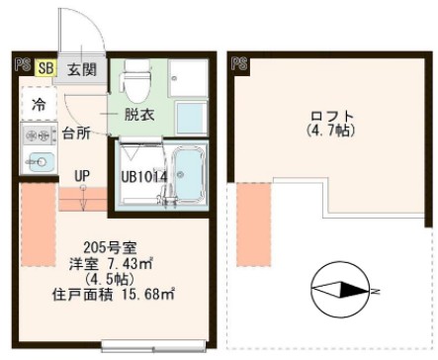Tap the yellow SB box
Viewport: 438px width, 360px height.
[x=45, y=68]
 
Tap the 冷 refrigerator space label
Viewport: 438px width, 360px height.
[x=38, y=104]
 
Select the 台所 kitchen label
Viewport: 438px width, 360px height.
[x=78, y=132]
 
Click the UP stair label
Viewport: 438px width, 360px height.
[x=83, y=175]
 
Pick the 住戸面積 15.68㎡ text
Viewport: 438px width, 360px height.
[x=114, y=294]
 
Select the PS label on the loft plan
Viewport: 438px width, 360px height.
[x=238, y=64]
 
